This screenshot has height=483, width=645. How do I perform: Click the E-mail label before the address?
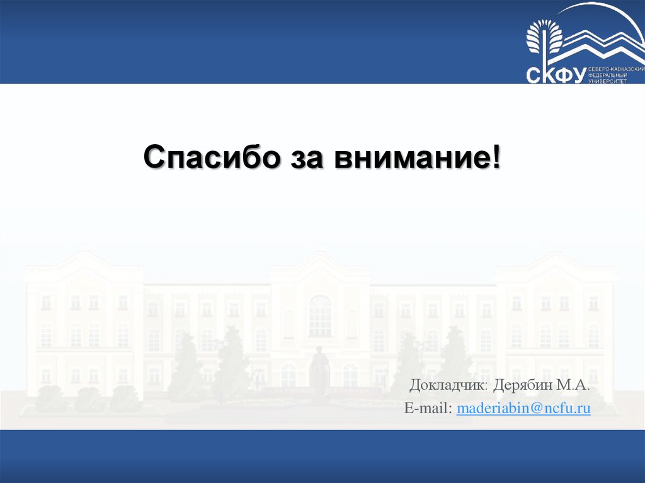point(428,409)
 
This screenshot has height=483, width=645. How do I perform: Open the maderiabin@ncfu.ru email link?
point(523,409)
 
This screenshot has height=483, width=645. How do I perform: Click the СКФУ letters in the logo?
point(555,75)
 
